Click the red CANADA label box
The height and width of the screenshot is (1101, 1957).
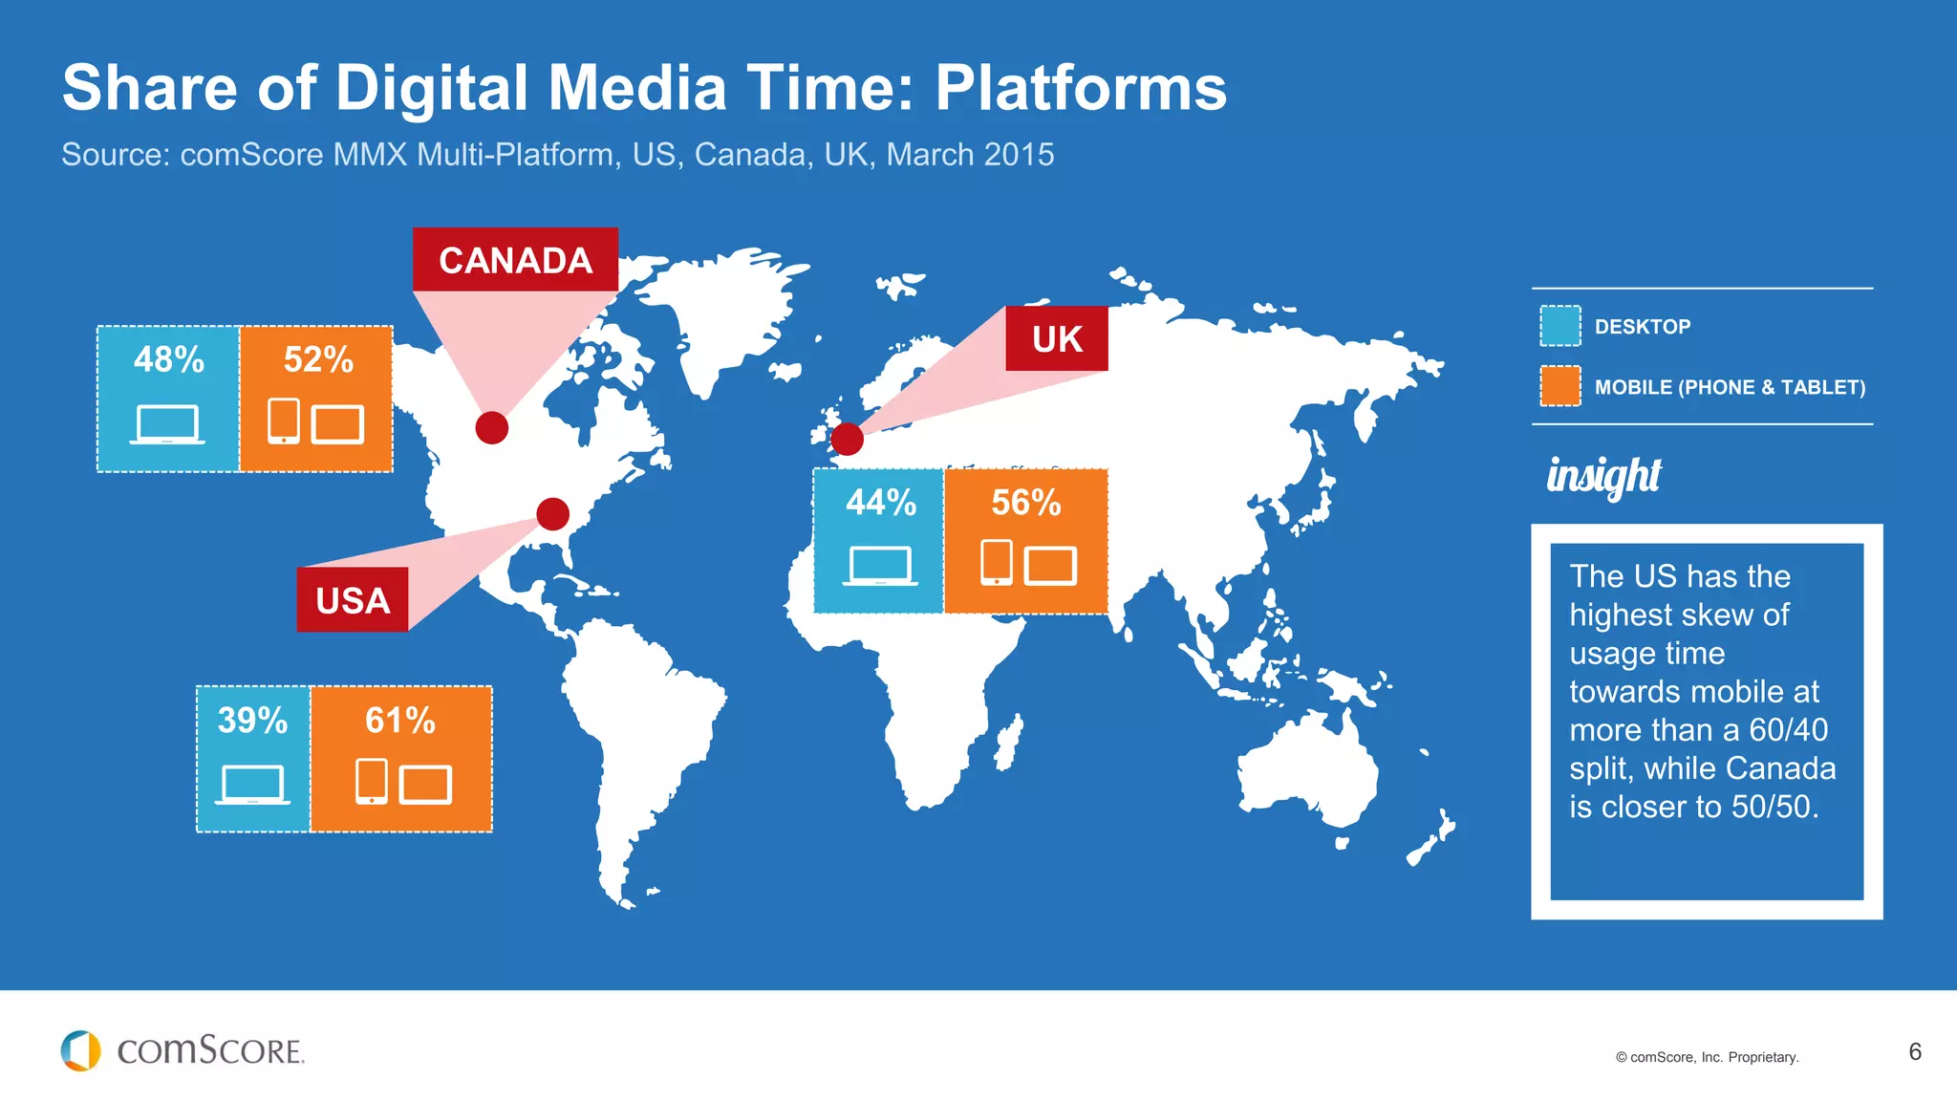click(x=515, y=260)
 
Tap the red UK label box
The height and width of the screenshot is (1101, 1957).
click(x=1056, y=338)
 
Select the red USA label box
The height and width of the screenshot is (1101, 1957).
click(x=352, y=600)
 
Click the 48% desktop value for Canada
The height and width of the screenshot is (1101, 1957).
click(x=169, y=359)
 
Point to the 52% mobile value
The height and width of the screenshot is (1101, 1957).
click(x=318, y=359)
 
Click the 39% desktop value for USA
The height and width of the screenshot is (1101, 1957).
click(x=252, y=720)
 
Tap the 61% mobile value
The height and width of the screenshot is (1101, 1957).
click(x=400, y=720)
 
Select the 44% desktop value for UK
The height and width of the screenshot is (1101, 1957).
click(x=880, y=502)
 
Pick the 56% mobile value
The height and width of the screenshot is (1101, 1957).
click(x=1026, y=502)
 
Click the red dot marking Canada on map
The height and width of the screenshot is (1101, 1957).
click(x=491, y=427)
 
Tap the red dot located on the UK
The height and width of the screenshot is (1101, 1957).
click(x=847, y=439)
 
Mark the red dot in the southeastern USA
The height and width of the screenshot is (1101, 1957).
click(x=552, y=514)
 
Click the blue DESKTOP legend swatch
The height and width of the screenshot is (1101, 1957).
click(x=1559, y=326)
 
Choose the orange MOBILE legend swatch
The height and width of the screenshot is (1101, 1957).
click(x=1559, y=386)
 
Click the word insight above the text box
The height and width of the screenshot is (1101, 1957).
click(x=1603, y=475)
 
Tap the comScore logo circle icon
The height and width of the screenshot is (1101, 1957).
click(x=80, y=1050)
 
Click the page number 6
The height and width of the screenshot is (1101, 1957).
click(x=1915, y=1051)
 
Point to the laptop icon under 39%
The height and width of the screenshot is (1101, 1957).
click(x=252, y=785)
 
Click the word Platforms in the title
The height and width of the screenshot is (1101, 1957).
click(x=1080, y=88)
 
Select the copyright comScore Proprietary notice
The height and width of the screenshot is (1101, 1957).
click(x=1707, y=1057)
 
